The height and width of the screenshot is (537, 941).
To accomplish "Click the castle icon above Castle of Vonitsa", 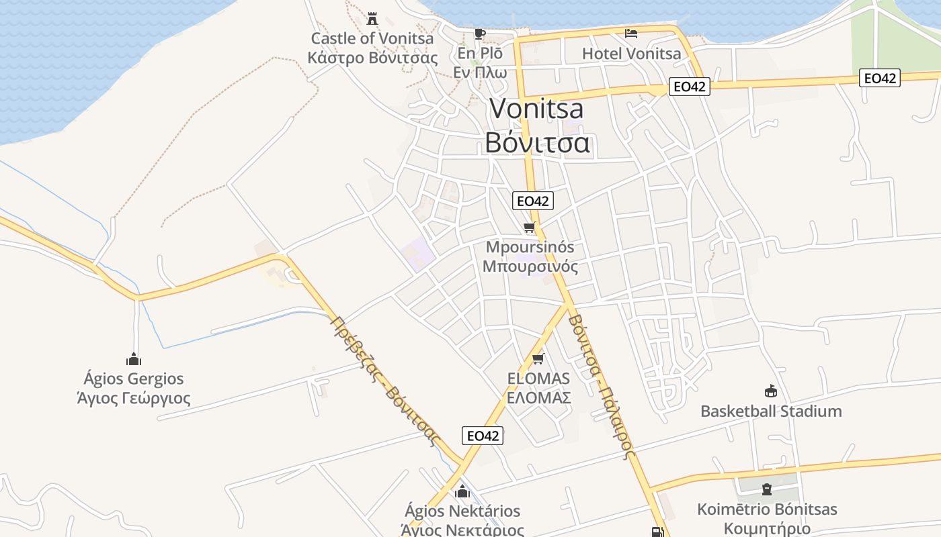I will tap(372, 18).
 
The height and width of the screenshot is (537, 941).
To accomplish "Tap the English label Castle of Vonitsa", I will tap(372, 38).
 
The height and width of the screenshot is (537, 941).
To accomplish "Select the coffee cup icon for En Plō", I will tap(479, 34).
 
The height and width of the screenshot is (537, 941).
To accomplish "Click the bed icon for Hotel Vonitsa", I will tap(630, 33).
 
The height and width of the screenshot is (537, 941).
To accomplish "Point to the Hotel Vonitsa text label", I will tap(631, 54).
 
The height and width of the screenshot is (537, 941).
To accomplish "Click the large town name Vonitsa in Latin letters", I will tap(536, 109).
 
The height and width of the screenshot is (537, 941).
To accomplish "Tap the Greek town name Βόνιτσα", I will tap(537, 142).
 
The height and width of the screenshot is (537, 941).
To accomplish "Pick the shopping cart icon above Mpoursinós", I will tap(530, 228).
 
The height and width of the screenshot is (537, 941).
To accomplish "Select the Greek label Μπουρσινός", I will tap(530, 266).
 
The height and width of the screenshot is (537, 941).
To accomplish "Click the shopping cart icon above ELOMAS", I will tap(538, 359).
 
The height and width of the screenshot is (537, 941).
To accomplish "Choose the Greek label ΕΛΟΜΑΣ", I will tap(538, 397).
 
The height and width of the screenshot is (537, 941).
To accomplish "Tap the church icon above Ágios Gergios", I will tap(134, 359).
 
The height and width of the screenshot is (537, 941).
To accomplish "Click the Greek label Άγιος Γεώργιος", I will tap(134, 398).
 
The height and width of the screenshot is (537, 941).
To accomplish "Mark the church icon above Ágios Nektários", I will tap(462, 491).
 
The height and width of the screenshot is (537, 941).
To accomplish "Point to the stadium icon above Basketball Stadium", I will tap(770, 391).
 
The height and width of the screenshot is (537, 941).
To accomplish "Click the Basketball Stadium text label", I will tap(771, 411).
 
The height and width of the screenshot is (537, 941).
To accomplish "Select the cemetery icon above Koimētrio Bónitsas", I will tap(767, 489).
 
